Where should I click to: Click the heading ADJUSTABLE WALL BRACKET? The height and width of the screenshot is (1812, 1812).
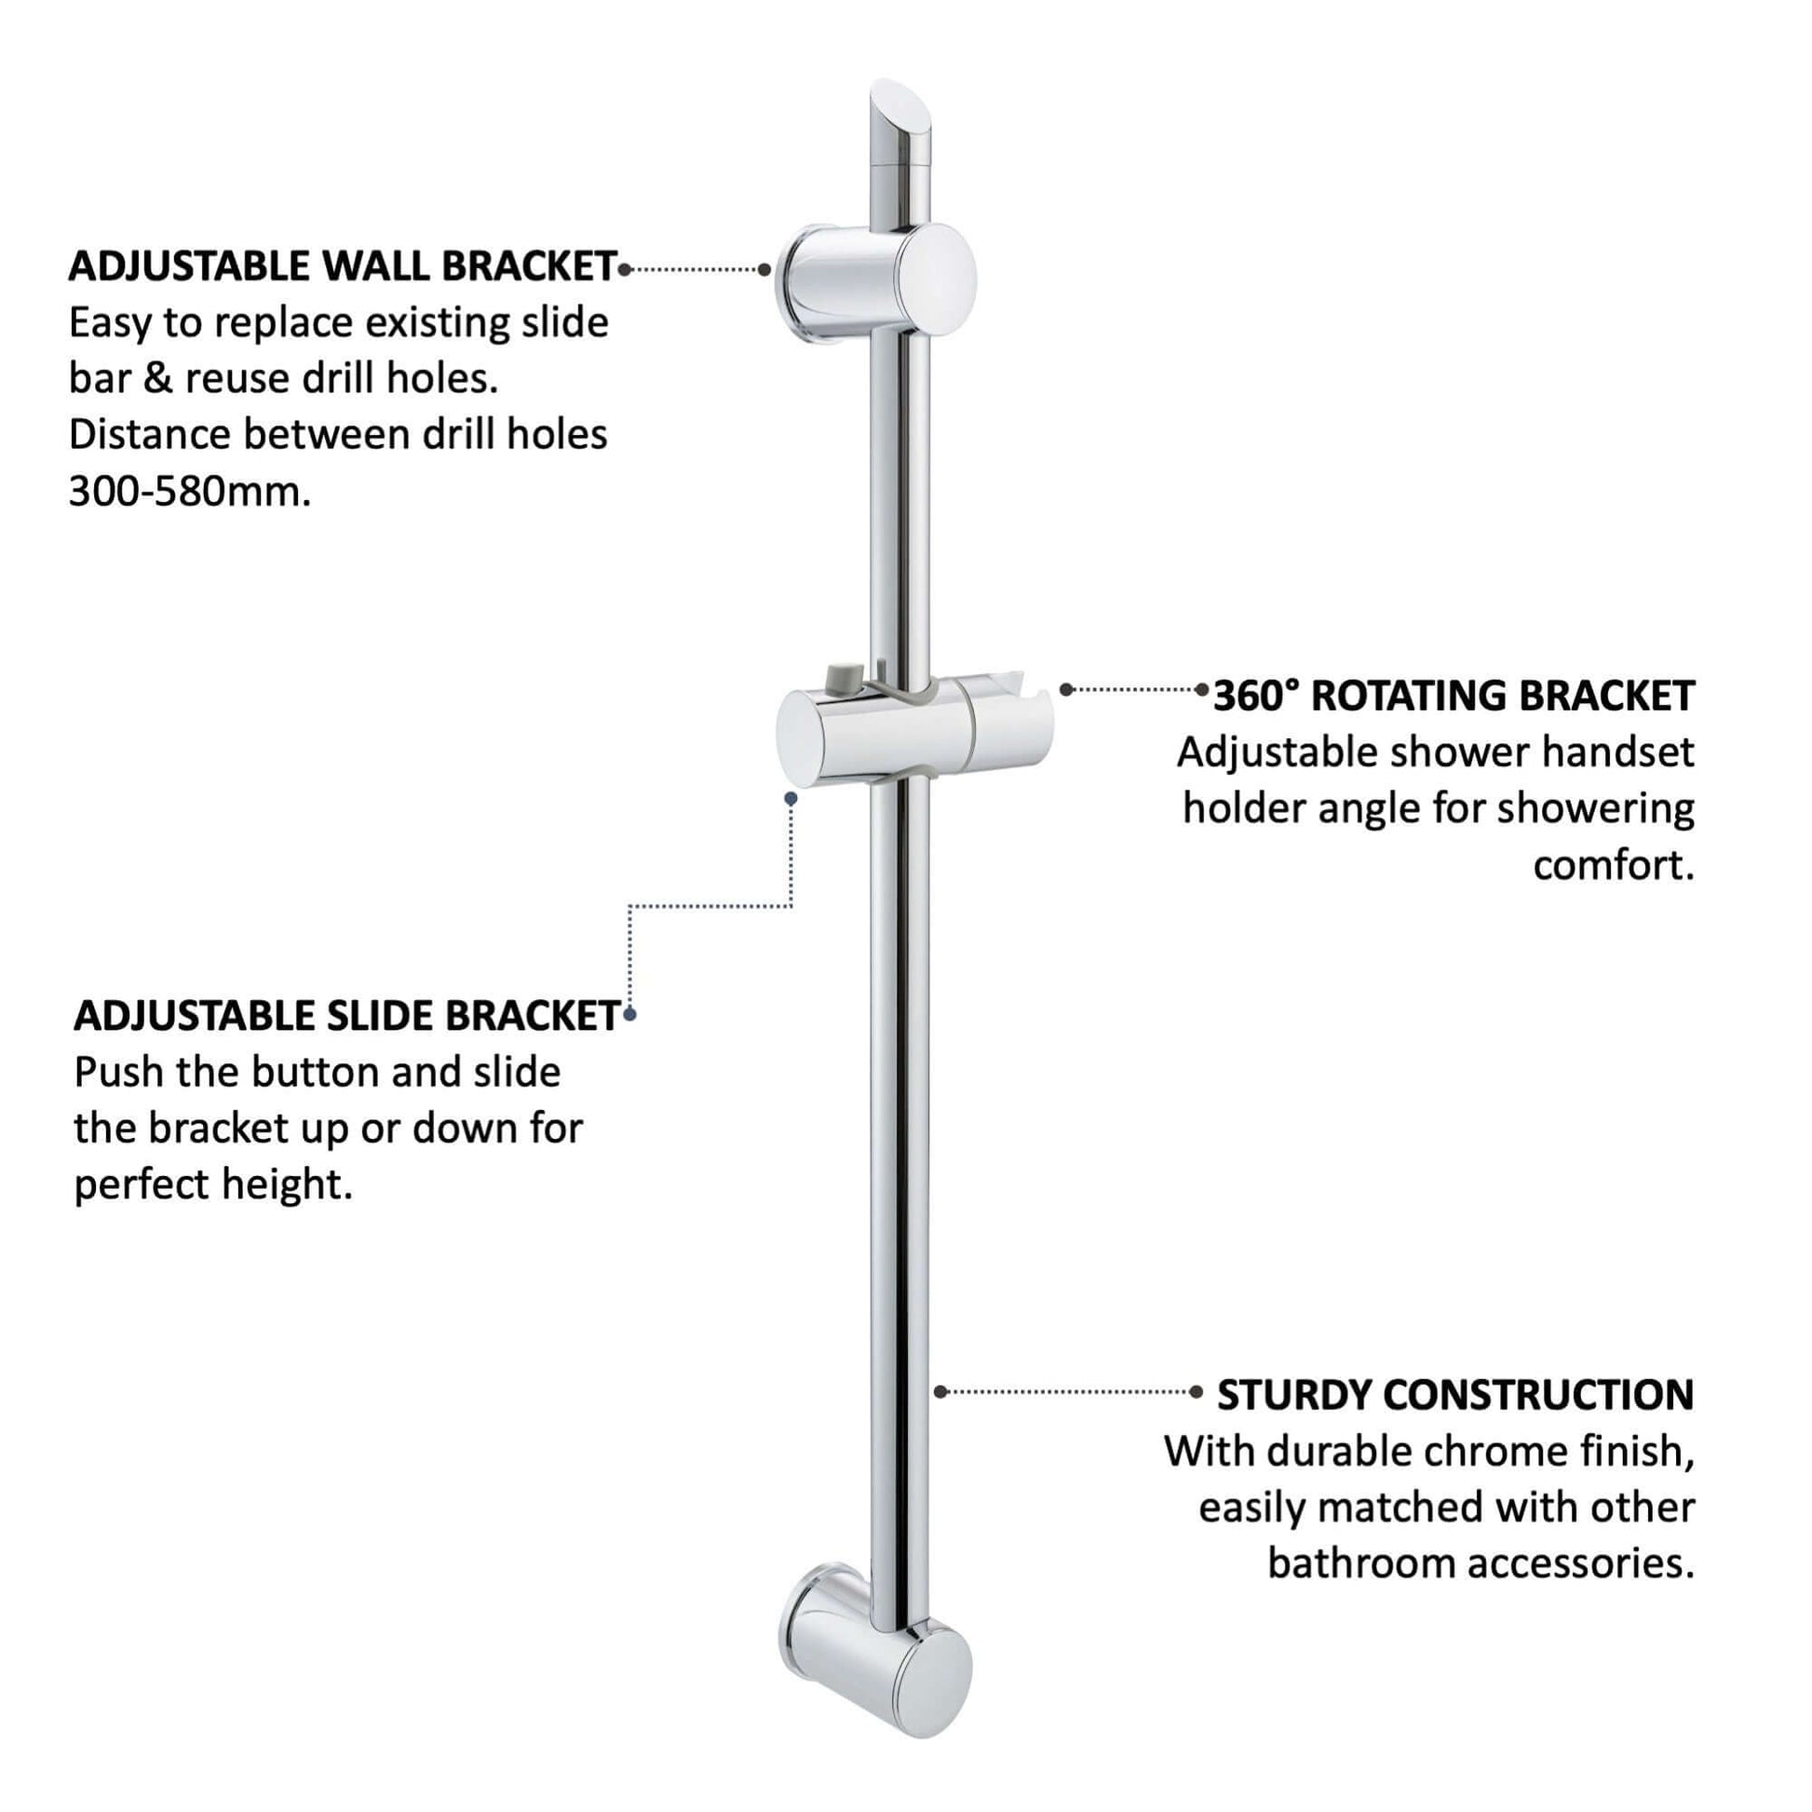(x=343, y=267)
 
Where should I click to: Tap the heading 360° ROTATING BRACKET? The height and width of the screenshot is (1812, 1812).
(x=1454, y=696)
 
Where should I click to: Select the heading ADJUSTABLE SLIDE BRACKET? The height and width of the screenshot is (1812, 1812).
(x=347, y=1016)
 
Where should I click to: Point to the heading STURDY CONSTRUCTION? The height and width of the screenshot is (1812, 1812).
(x=1455, y=1395)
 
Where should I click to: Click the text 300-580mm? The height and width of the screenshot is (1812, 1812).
(x=189, y=492)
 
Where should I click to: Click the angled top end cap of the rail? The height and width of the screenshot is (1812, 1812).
(x=902, y=122)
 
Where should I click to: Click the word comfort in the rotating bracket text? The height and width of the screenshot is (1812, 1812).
(x=1613, y=865)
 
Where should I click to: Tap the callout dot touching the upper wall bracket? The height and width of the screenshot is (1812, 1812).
(x=764, y=270)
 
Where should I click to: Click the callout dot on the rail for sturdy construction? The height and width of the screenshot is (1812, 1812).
(x=940, y=1392)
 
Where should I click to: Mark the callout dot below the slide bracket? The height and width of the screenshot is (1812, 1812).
(x=791, y=799)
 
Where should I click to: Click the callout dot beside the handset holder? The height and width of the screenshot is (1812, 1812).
(x=1066, y=689)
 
